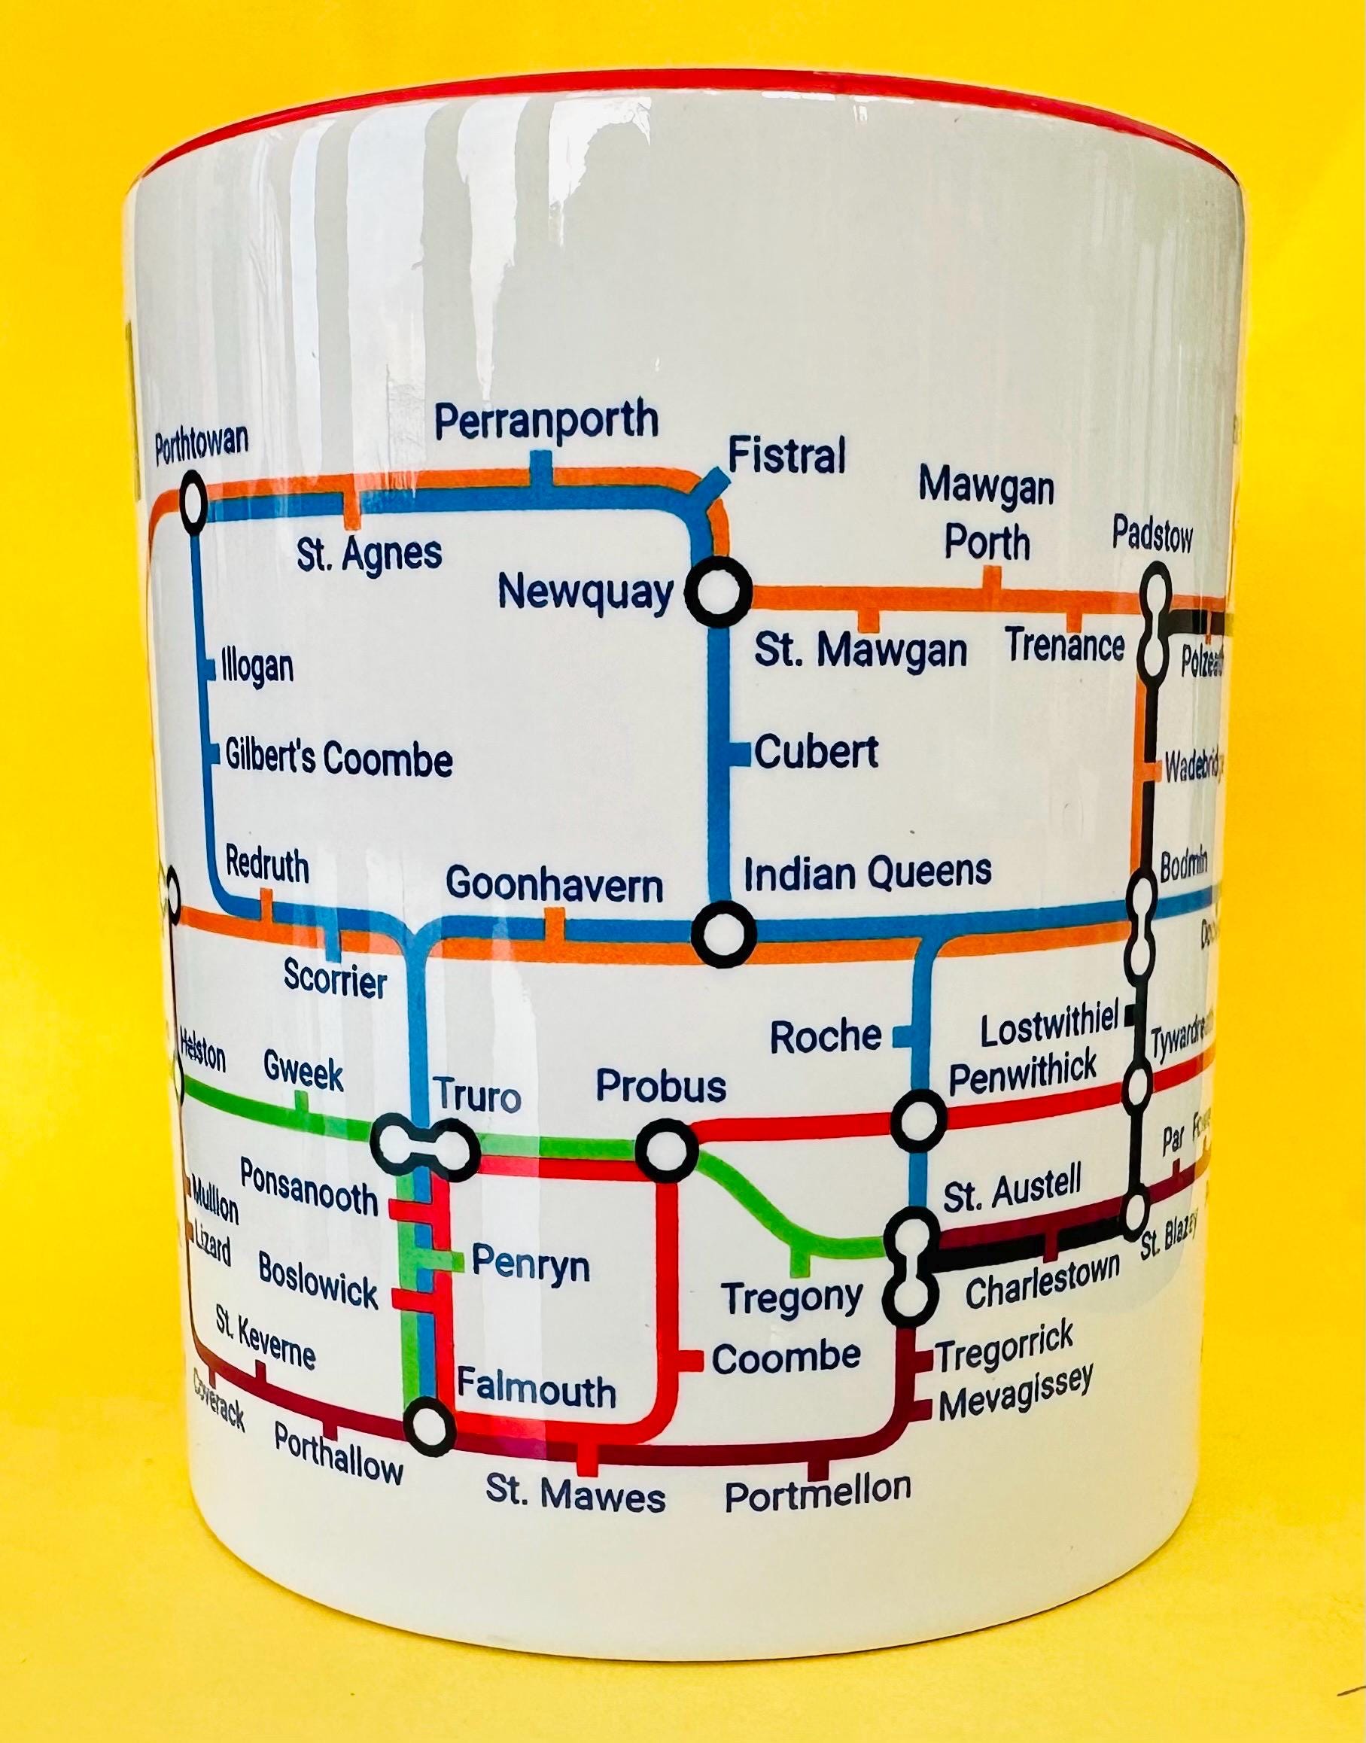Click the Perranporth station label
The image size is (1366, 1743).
tap(546, 421)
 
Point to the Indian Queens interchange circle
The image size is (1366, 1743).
tap(723, 932)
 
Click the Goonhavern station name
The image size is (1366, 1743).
tap(554, 886)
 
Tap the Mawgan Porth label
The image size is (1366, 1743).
tap(986, 515)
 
